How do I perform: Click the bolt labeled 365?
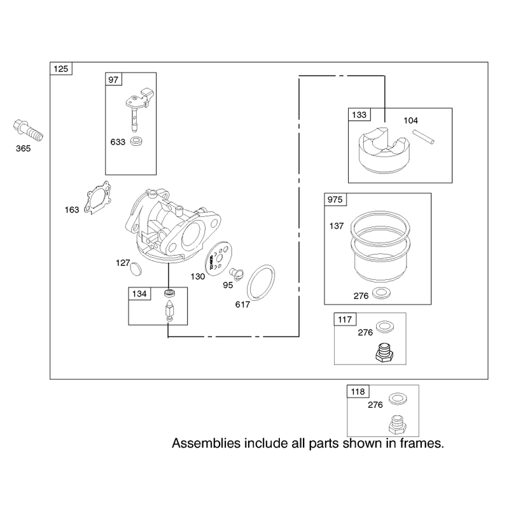click(28, 130)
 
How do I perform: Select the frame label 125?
click(61, 69)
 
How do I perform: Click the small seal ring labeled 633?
click(136, 141)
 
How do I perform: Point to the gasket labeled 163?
click(97, 198)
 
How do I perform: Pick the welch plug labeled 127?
click(136, 269)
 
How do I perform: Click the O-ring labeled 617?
click(261, 282)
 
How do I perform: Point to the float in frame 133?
click(384, 150)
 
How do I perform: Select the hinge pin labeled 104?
click(423, 137)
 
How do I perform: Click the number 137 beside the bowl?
click(337, 226)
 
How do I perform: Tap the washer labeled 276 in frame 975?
click(381, 293)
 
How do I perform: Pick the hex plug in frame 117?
click(385, 352)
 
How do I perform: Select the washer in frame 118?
click(398, 399)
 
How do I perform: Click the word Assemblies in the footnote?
click(206, 443)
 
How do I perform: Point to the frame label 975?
click(335, 199)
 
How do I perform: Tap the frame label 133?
click(359, 115)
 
